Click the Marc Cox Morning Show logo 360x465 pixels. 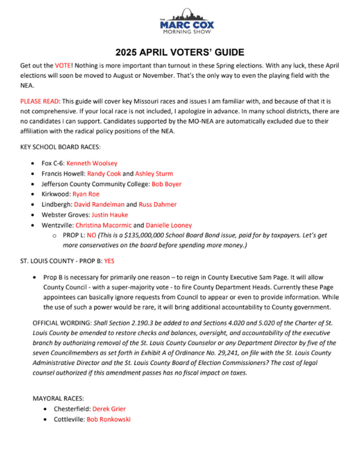click(187, 22)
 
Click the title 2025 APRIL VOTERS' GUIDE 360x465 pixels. click(180, 52)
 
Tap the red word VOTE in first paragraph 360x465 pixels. click(63, 66)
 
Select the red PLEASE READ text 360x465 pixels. click(39, 101)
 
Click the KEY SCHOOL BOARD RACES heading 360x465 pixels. click(60, 147)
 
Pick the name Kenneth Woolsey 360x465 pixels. click(92, 163)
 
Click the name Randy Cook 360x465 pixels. click(104, 174)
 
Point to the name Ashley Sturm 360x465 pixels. click(154, 174)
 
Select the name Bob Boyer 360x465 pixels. click(166, 184)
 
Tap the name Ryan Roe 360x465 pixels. click(86, 194)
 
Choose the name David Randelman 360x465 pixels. click(99, 204)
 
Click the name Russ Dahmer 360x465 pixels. click(158, 204)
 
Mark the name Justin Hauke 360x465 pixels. click(110, 215)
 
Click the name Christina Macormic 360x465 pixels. click(103, 225)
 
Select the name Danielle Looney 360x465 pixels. click(169, 225)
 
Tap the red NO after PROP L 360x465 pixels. click(91, 235)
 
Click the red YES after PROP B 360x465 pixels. click(109, 261)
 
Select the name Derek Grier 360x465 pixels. click(109, 409)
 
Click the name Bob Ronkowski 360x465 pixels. click(108, 419)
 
